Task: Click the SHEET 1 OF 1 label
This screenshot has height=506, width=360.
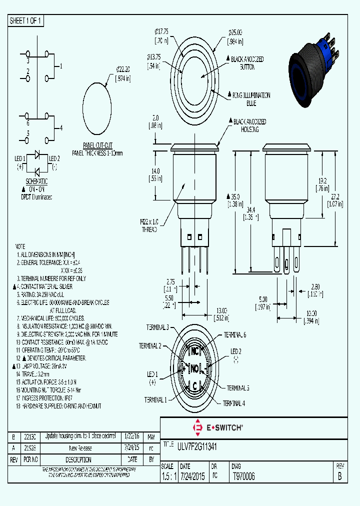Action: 26,21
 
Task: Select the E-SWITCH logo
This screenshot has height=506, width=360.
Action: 218,427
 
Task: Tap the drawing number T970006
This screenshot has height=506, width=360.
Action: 243,476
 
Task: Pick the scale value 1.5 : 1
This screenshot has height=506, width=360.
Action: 168,476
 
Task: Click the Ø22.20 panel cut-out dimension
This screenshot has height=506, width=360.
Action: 123,73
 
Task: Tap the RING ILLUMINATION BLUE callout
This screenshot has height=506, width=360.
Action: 251,99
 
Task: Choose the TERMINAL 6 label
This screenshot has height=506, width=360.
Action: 234,334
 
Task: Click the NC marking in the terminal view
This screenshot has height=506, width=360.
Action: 195,350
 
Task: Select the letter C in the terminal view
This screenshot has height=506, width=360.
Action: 195,385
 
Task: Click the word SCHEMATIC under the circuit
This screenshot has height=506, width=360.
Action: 36,181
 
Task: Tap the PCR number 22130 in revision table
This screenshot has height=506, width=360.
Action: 29,436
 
